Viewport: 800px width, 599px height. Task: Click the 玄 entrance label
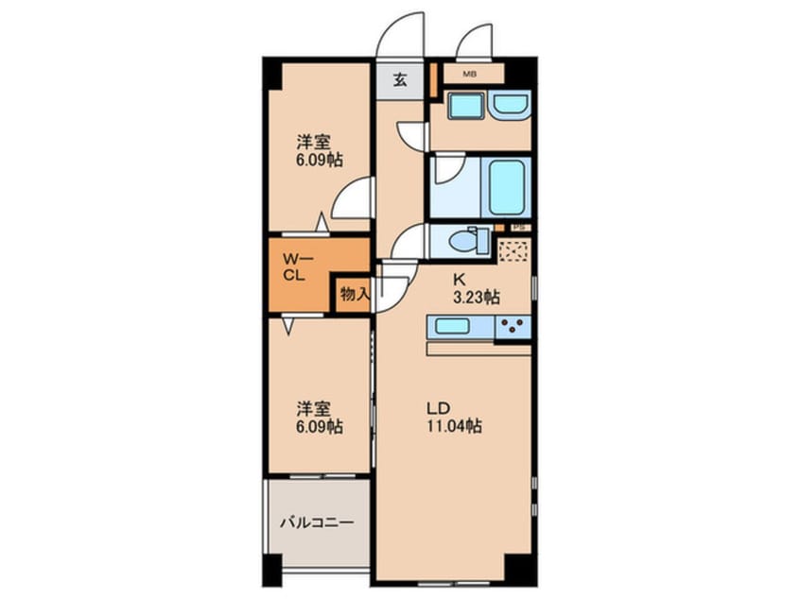(399, 79)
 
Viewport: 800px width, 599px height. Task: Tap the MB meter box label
(469, 72)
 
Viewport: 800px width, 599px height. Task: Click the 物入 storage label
(353, 295)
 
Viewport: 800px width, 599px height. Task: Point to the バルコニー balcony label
(316, 522)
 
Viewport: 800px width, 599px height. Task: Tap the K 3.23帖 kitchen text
(475, 287)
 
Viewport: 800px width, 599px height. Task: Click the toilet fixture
(467, 240)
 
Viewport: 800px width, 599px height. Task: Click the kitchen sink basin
(458, 328)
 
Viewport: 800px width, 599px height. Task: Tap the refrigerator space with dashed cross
(514, 251)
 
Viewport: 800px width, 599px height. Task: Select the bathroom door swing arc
(447, 172)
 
